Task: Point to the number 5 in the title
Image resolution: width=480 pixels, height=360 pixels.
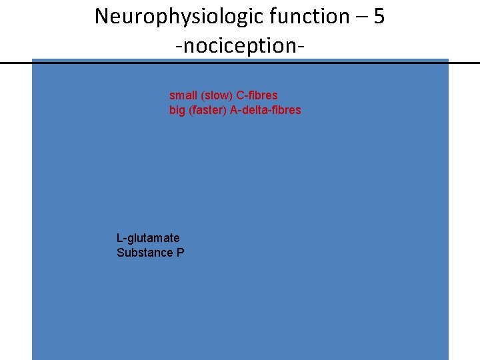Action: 379,17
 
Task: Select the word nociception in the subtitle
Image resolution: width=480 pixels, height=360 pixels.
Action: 240,46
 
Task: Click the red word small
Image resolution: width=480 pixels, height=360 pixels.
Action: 183,95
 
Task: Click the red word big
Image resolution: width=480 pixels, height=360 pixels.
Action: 177,110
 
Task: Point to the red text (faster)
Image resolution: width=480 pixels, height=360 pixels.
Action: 207,110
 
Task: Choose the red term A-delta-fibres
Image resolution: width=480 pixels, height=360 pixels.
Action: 265,110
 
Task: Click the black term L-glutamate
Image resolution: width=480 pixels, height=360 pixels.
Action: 148,238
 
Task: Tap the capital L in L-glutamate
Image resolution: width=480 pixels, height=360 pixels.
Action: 119,238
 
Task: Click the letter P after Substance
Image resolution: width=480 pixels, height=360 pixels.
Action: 180,253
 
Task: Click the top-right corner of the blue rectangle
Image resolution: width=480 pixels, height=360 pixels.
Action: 448,60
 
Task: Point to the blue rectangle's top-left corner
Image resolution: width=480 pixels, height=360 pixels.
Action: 33,60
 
